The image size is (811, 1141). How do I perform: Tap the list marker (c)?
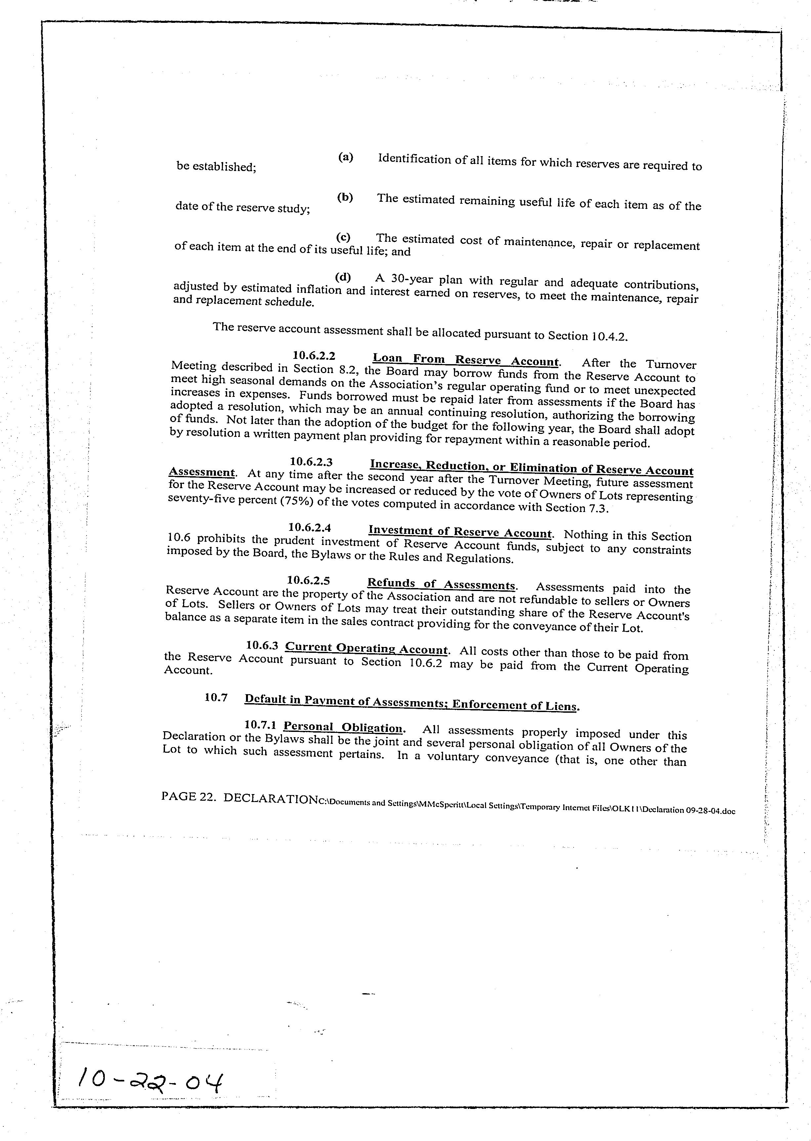(343, 237)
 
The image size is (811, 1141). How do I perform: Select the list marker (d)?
(343, 277)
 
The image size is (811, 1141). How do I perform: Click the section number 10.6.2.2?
(314, 356)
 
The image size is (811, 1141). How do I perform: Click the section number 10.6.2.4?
(310, 528)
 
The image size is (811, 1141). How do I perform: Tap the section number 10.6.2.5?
(308, 580)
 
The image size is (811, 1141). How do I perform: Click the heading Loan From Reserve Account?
(466, 360)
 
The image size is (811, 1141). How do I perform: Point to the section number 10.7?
(216, 698)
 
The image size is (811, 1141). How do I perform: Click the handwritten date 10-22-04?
(150, 1084)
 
